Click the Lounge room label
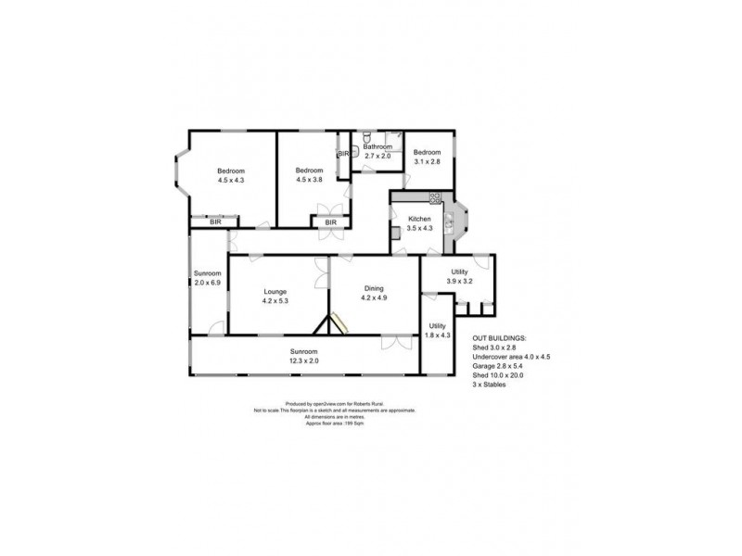273,296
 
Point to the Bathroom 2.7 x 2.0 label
377,152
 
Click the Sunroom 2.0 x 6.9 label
208,279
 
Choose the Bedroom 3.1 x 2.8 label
427,158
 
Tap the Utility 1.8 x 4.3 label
438,330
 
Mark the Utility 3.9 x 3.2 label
460,275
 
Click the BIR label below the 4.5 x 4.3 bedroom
215,222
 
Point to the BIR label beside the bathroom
343,154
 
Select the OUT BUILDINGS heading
499,339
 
